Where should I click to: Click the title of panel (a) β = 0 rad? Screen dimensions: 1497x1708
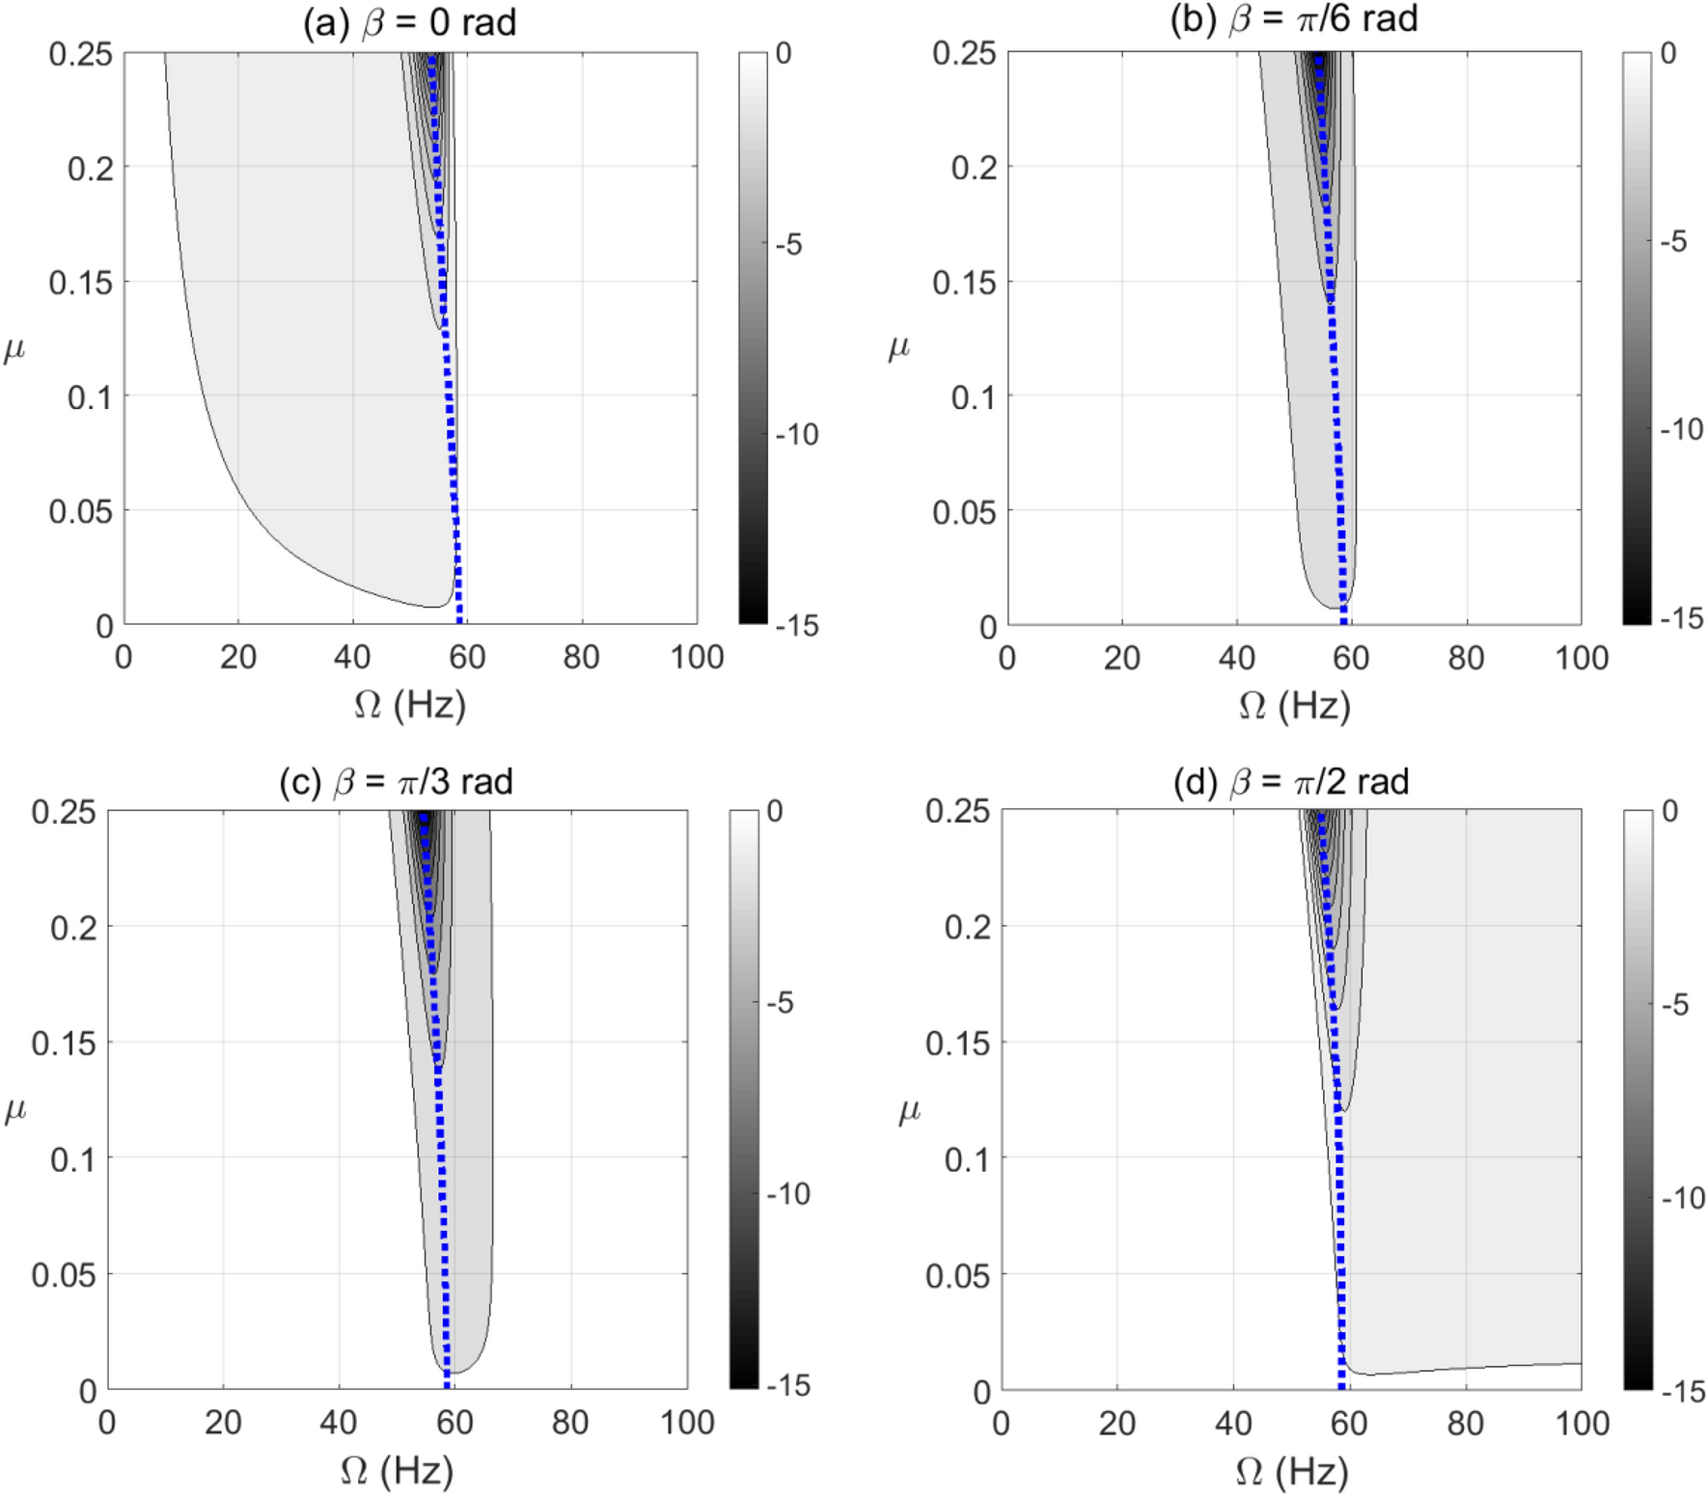pos(409,22)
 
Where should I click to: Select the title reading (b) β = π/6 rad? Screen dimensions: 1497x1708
pos(1293,18)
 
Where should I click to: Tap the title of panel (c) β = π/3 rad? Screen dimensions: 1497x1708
pos(396,781)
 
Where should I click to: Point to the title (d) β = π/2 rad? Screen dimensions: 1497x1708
pos(1290,781)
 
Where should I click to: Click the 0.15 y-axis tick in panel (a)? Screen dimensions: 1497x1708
pos(80,283)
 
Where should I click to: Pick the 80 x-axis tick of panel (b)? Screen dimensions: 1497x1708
pos(1466,658)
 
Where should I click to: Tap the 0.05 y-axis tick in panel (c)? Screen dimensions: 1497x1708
pos(64,1275)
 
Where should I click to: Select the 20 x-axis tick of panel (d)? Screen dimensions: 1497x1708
pos(1116,1424)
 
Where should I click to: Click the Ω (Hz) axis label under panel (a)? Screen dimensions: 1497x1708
pos(409,705)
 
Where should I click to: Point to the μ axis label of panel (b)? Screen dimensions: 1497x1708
pos(898,346)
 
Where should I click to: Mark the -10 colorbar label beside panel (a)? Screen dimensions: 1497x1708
pos(797,435)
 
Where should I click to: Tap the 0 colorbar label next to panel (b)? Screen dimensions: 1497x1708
pos(1668,53)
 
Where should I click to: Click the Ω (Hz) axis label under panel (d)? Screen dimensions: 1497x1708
pos(1291,1472)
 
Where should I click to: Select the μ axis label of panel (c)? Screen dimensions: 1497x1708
pos(14,1109)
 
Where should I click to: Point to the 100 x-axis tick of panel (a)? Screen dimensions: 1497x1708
pos(697,658)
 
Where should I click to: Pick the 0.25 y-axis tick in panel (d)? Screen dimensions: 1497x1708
pos(957,811)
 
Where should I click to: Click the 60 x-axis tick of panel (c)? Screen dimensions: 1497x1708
pos(455,1423)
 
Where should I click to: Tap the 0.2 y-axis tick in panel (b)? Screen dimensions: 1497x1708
pos(974,168)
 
